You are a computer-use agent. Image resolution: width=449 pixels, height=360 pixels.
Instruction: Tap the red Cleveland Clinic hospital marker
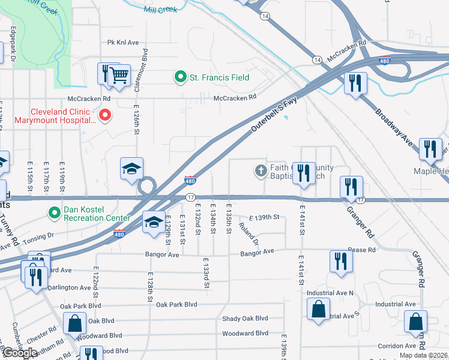pos(104,114)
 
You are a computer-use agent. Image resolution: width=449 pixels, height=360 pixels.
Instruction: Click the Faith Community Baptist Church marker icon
pos(261,171)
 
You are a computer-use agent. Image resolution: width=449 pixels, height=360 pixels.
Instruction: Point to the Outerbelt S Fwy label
pos(274,115)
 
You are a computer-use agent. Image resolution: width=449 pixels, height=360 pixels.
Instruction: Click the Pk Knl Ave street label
pos(123,43)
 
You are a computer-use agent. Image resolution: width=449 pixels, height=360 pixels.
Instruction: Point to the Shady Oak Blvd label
pos(245,319)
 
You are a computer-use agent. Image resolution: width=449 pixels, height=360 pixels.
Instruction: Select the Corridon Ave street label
pos(397,346)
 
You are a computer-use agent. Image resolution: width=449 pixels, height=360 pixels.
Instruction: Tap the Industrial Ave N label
pos(330,293)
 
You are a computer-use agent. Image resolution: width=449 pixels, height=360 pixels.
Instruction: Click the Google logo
pos(19,353)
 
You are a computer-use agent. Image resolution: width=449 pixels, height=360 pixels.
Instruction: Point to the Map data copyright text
pos(423,355)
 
